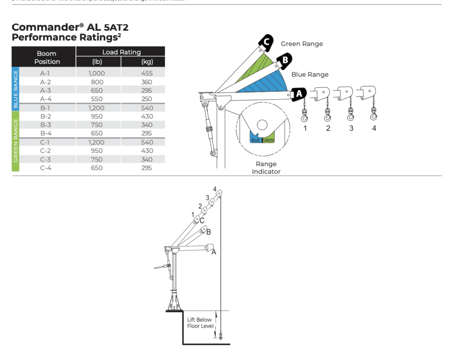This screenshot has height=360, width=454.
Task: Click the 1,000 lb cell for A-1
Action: [96, 73]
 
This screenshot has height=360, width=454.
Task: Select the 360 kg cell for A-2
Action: [146, 82]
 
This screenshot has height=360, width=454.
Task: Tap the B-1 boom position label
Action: [46, 108]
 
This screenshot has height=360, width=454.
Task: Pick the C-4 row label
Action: [46, 168]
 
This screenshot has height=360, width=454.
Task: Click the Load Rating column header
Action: [121, 52]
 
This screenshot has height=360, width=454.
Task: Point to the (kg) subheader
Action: [147, 62]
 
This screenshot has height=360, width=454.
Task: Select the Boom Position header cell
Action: [47, 57]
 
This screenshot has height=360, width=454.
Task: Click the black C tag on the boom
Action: [266, 42]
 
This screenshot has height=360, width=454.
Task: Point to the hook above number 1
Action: [305, 116]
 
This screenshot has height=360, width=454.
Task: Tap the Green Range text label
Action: [302, 44]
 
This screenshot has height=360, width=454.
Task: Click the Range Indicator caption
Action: [266, 168]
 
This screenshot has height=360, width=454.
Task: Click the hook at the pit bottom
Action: [220, 337]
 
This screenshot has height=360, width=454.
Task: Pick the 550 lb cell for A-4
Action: [96, 99]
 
